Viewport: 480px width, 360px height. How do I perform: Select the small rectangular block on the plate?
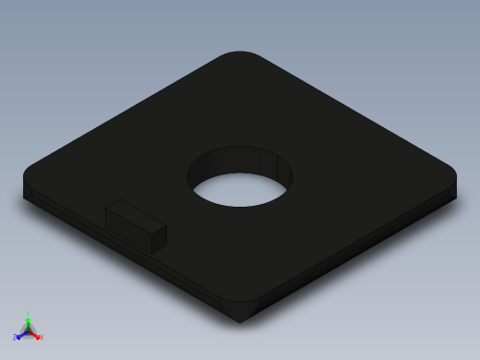click(x=135, y=224)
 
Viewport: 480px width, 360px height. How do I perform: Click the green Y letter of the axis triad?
click(x=29, y=313)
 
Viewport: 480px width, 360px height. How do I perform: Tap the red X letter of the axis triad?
click(x=41, y=337)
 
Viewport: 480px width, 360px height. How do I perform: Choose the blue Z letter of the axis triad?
click(x=16, y=337)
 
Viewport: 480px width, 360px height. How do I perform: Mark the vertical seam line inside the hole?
click(x=278, y=166)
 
